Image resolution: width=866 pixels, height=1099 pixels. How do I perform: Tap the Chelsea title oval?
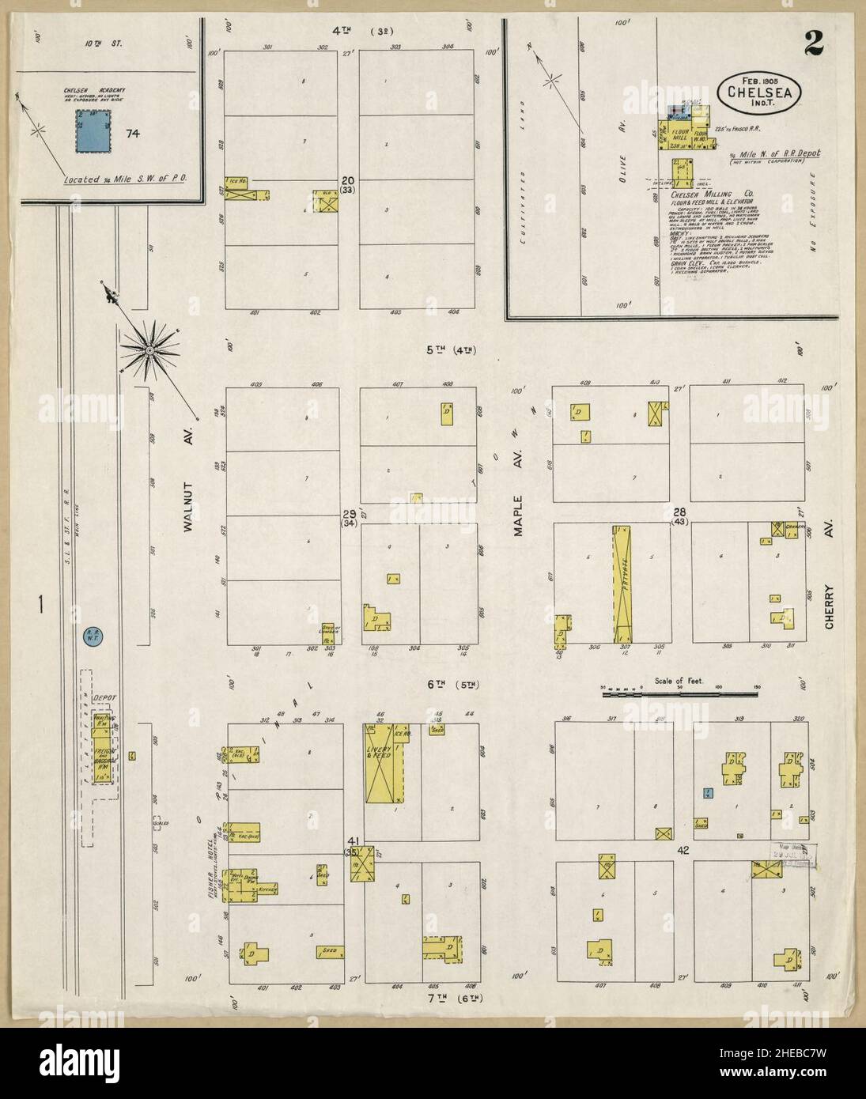tap(758, 91)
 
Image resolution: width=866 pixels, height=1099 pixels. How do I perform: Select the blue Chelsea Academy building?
tap(93, 131)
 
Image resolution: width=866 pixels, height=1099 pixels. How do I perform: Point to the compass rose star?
tap(149, 348)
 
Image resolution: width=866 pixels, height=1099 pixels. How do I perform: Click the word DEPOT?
tap(104, 698)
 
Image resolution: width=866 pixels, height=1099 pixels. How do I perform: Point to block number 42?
tap(683, 850)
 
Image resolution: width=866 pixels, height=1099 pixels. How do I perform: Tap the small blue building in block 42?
tap(709, 793)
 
